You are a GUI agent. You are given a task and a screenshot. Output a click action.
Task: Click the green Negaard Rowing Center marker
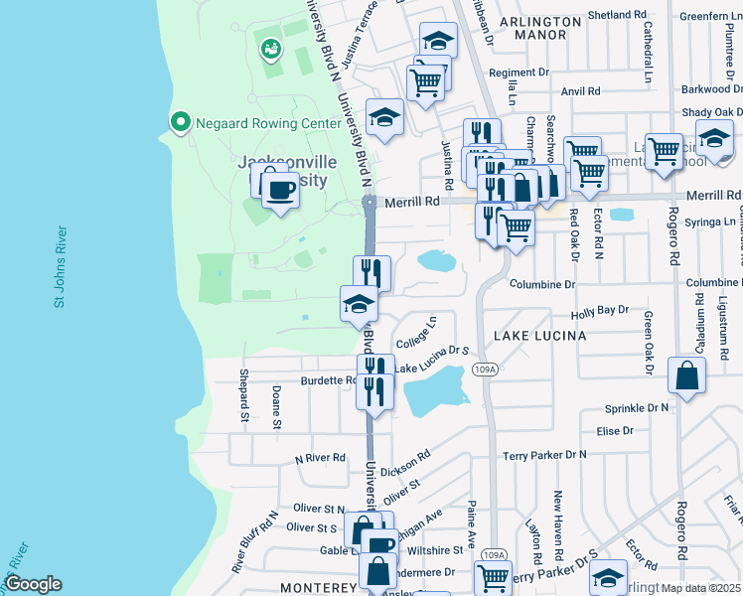point(180,122)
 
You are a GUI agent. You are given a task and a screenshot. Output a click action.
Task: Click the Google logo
point(33,583)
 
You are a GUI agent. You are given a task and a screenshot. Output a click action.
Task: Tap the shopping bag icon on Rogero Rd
point(687,377)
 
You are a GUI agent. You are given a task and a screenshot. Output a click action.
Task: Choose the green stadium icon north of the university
point(269,47)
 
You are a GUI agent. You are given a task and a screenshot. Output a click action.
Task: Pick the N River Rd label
point(319,458)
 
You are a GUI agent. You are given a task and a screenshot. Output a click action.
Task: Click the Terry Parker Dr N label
point(544,454)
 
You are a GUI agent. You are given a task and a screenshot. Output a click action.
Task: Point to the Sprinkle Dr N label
point(636,408)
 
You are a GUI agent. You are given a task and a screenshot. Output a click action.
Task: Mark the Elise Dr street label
point(615,430)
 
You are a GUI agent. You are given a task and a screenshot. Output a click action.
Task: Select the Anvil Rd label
point(581,90)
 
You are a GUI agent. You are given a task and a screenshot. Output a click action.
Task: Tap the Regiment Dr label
point(519,73)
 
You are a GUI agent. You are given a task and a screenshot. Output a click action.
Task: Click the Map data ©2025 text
point(701,588)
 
